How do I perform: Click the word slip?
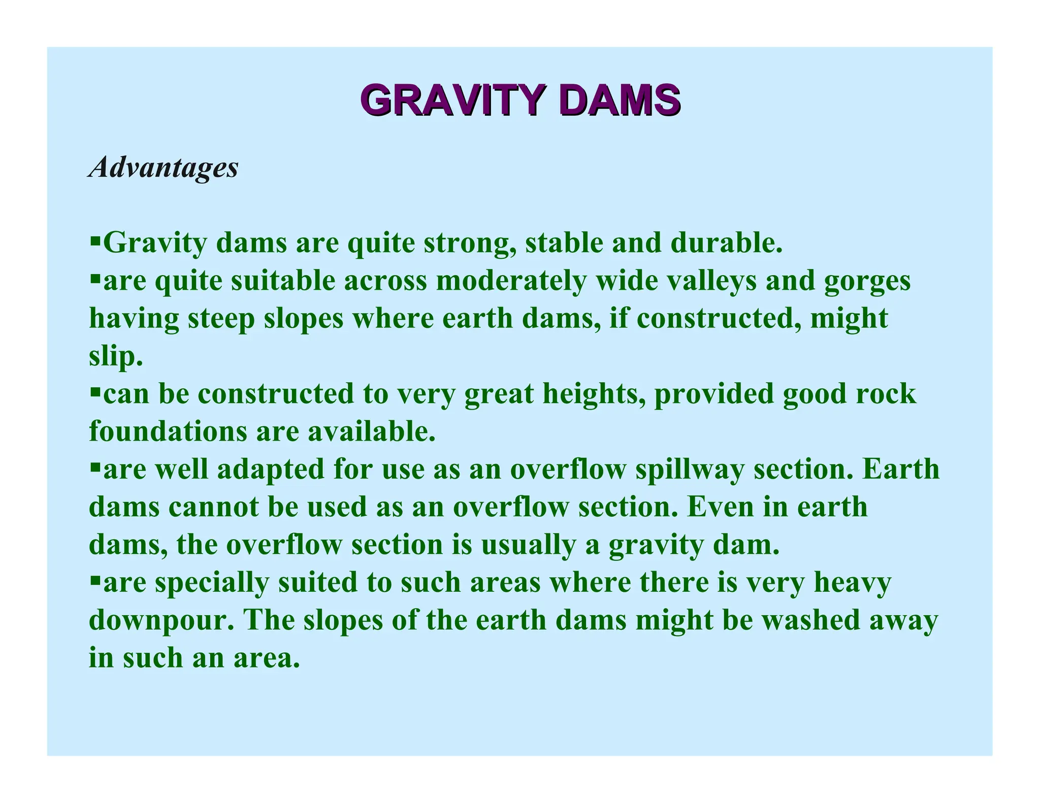[x=115, y=357]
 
